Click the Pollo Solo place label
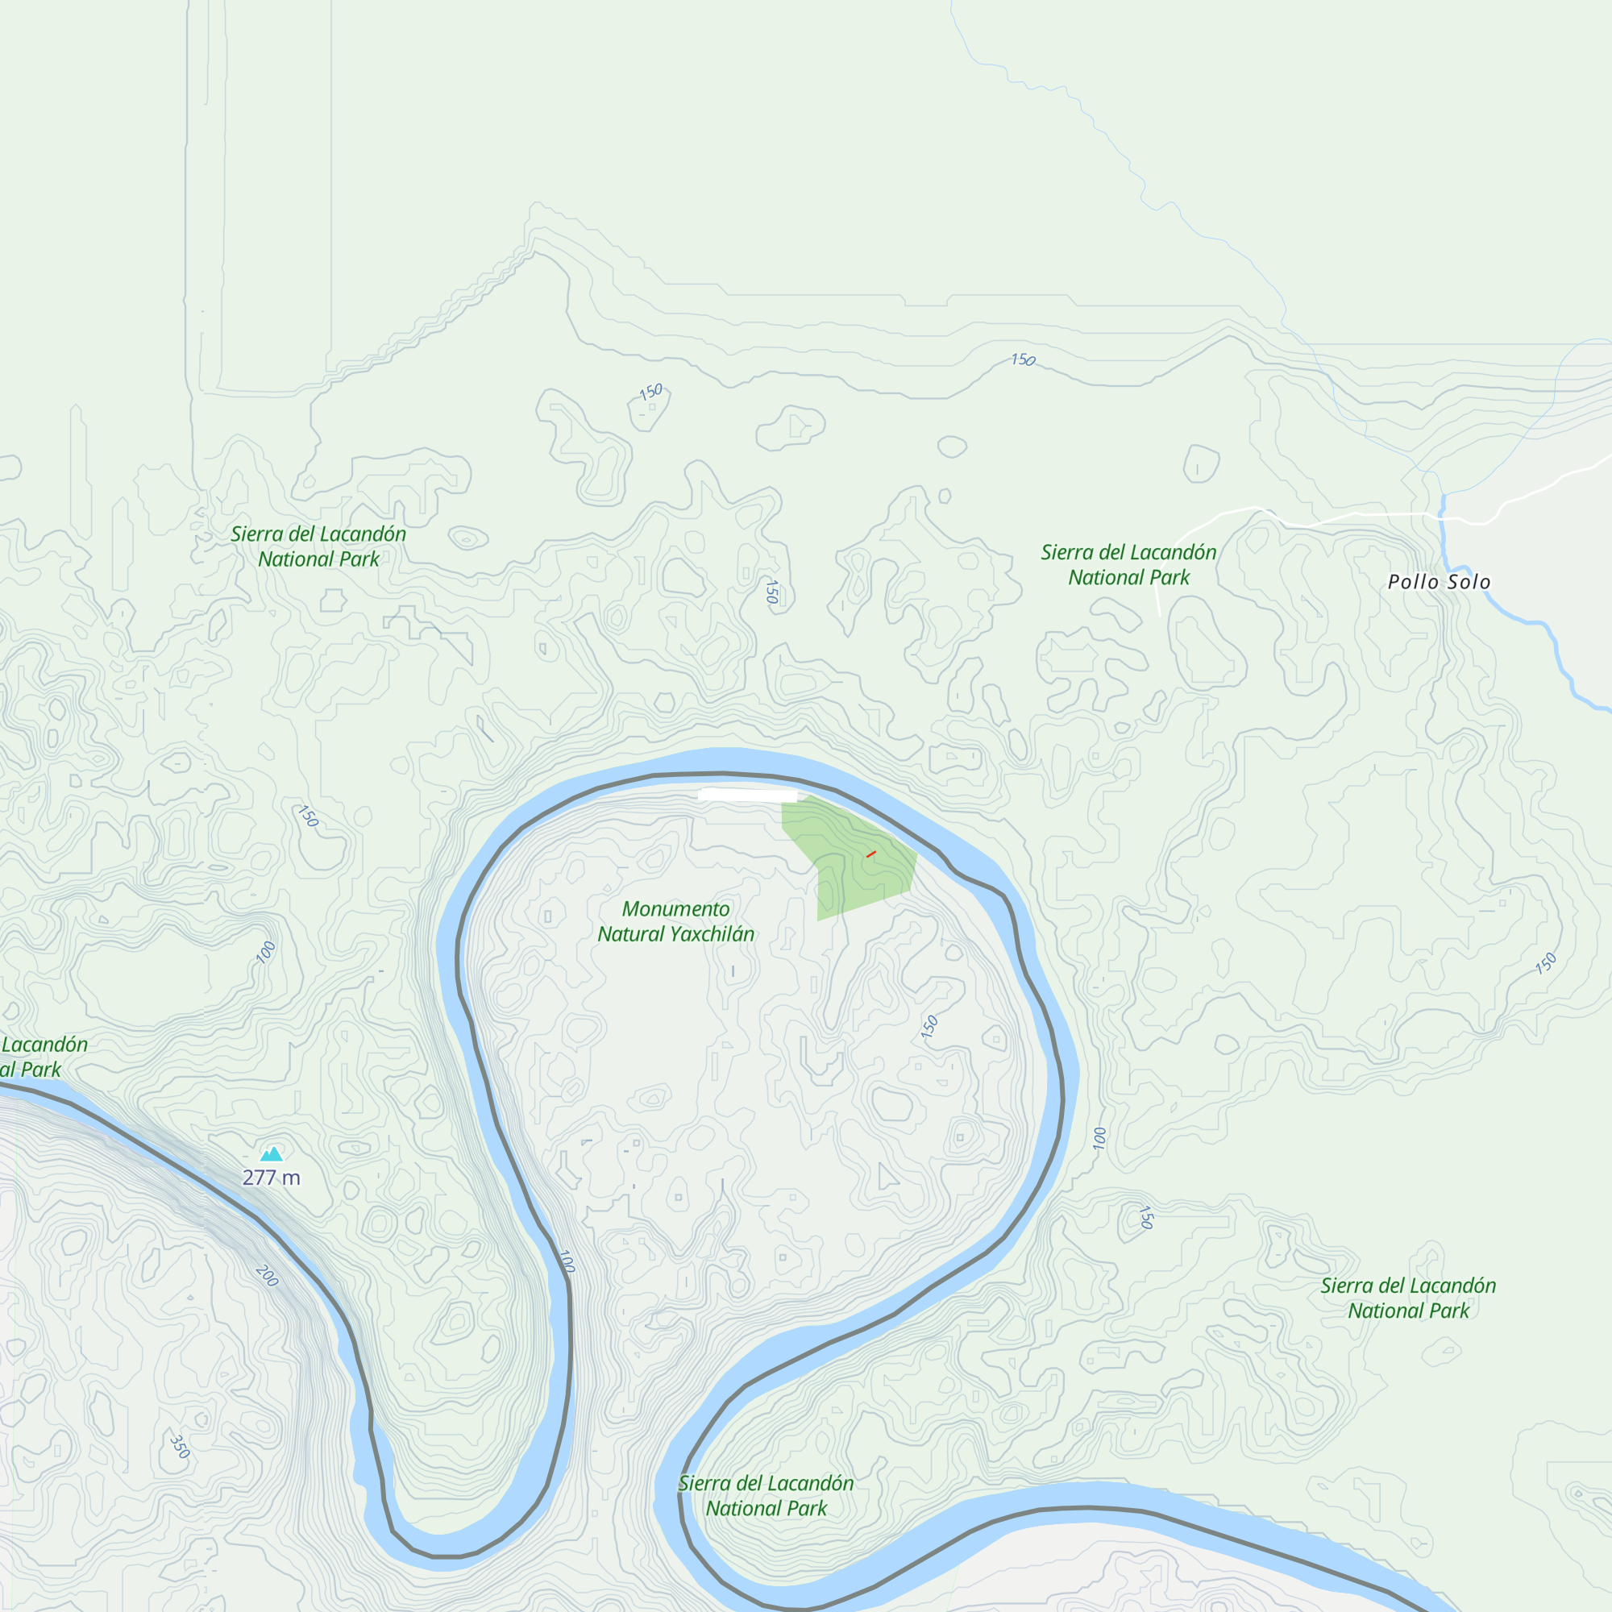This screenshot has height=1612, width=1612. (1439, 582)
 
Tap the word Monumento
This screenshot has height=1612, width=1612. (676, 908)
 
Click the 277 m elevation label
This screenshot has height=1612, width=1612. (271, 1178)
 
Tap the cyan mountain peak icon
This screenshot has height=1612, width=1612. (271, 1155)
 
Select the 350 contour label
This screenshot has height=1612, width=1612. (180, 1447)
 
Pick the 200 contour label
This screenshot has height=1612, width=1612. (267, 1276)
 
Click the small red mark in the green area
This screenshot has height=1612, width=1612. (871, 854)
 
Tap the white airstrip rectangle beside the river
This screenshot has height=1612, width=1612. (747, 796)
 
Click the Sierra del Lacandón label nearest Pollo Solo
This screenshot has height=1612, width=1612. (1129, 564)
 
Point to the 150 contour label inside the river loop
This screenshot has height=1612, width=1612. (929, 1026)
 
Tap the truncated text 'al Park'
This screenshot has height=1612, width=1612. (30, 1070)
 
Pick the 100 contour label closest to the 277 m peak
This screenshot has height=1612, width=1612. (266, 952)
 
